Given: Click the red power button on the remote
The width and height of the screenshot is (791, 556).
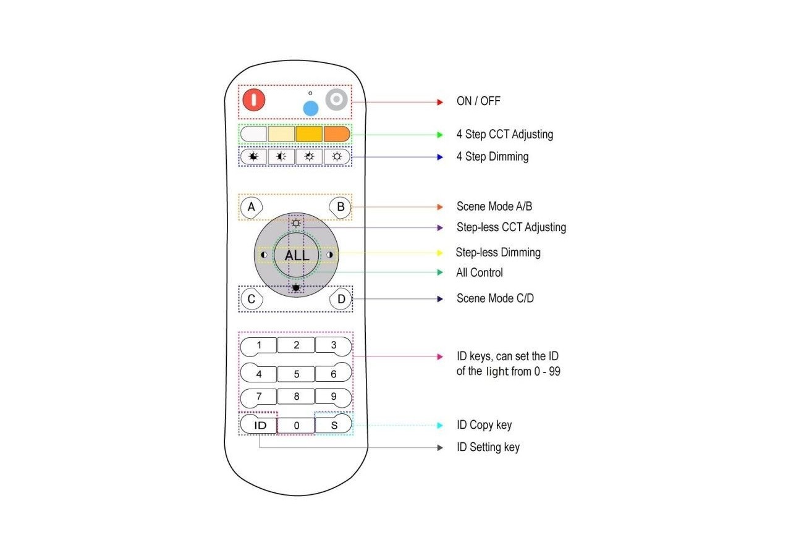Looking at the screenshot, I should (253, 100).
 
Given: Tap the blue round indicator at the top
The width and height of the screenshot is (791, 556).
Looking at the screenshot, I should (310, 109).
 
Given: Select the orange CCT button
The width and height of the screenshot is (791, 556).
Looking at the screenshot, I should (337, 134).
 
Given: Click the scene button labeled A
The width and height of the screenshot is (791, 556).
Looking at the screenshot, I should (251, 207).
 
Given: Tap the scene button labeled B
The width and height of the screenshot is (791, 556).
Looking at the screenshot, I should (341, 207).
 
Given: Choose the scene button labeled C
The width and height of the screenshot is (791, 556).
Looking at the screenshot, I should (251, 300).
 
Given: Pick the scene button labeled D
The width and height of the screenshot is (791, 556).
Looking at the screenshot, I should (341, 300).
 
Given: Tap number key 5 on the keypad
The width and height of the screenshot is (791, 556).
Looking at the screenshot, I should (296, 374).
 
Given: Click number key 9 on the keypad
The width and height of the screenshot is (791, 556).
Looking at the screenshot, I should (334, 397).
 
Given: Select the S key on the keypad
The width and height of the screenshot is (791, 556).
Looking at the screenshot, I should (334, 425).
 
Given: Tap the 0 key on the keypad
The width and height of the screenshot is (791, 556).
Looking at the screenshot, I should (296, 425).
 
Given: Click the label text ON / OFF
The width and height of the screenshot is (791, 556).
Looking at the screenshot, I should (478, 101).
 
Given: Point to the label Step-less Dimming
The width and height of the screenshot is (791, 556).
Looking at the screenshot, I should (498, 252).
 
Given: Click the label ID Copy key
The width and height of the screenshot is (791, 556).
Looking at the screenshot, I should (484, 425).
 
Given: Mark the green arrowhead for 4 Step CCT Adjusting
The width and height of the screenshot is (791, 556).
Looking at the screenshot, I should (439, 134).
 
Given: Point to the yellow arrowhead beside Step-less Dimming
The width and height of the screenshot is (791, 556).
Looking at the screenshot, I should (439, 252).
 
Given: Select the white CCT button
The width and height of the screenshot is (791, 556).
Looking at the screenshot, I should (253, 134).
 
